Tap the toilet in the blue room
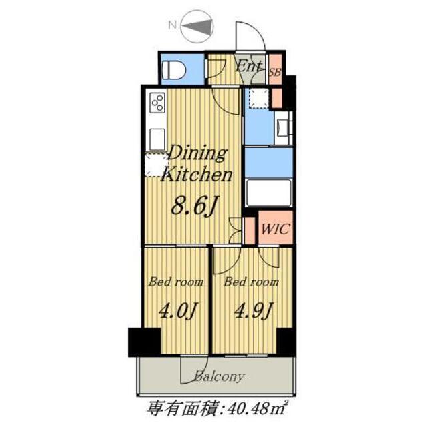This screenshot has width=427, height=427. [175, 67]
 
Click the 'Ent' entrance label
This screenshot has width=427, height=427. [248, 66]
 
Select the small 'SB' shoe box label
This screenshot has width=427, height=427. [274, 71]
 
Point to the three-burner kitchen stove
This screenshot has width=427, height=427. [157, 103]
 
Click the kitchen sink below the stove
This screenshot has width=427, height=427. [157, 138]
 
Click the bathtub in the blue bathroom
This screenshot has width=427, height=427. [269, 193]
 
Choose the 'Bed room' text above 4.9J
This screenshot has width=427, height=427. [251, 282]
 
